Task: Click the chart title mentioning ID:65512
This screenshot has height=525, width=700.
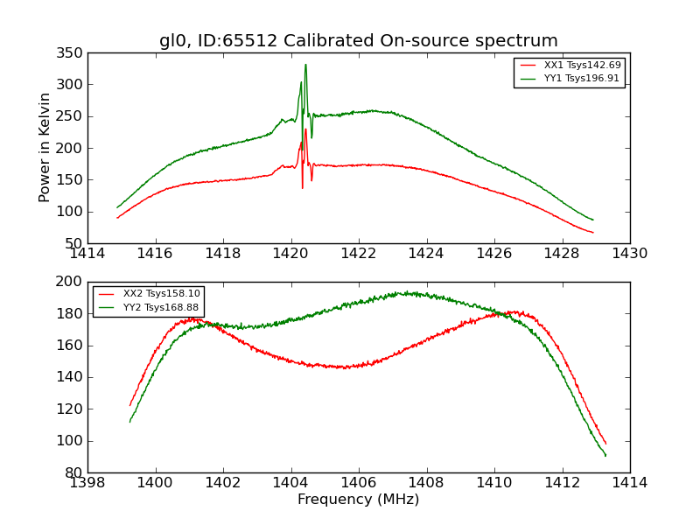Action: click(358, 41)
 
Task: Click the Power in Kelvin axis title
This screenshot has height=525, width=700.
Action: click(45, 148)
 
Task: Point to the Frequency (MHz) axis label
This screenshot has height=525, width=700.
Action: click(358, 500)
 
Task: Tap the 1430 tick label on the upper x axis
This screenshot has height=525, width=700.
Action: click(629, 253)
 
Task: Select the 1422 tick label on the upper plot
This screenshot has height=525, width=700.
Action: click(359, 253)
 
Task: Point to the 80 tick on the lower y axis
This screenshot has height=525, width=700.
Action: click(75, 472)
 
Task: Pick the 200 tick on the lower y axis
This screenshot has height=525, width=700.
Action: click(72, 282)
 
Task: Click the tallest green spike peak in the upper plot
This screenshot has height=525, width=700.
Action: click(305, 64)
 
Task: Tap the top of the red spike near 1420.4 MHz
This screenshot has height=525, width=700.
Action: click(305, 129)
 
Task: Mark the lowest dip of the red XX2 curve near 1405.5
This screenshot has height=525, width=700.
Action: click(345, 367)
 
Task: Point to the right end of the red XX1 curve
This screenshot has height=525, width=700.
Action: click(592, 233)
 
